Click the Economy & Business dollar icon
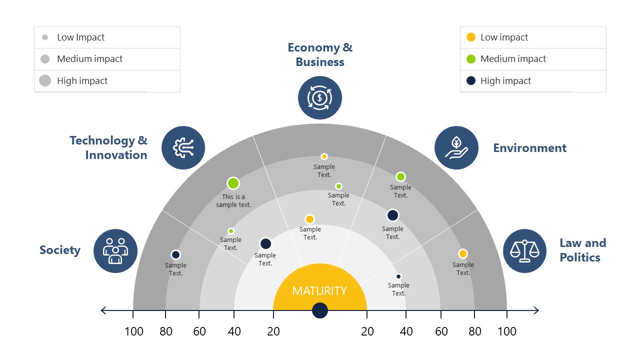320,97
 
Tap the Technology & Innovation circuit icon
183,147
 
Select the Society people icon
115,250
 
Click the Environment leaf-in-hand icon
456,147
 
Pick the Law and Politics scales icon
524,250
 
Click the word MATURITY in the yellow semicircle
319,290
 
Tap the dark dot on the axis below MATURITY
320,310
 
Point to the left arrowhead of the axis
103,310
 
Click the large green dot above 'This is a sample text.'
233,183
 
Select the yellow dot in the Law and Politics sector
463,253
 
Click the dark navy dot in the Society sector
175,254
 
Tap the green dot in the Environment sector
400,176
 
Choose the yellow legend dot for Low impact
470,37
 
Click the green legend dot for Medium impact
470,59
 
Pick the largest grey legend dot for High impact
45,80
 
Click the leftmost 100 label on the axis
133,331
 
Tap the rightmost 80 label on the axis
475,331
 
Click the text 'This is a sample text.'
233,201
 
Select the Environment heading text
529,148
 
